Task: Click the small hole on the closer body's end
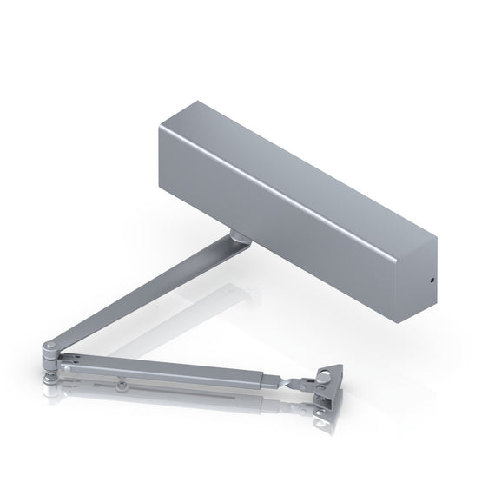tap(431, 282)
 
